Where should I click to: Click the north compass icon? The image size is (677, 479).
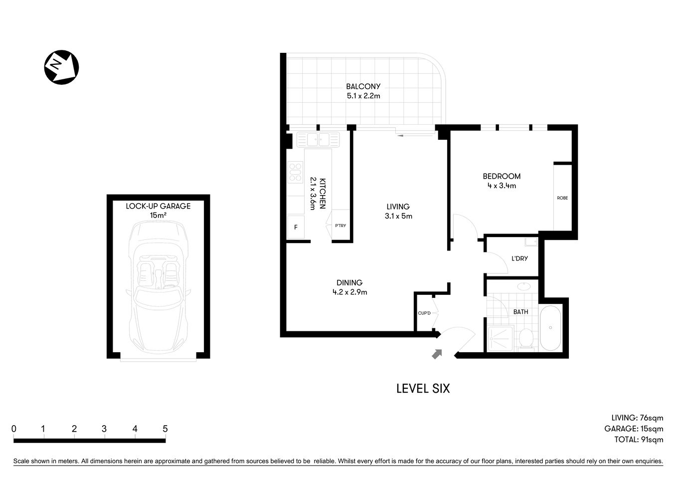62,67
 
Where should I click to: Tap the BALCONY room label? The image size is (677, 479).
363,86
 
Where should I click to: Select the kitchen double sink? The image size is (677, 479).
317,139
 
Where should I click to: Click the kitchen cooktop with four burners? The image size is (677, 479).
295,172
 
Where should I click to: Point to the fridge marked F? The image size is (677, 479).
296,227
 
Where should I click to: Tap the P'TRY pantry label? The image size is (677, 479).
340,226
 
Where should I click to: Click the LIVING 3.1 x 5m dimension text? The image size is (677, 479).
398,216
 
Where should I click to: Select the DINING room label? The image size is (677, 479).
349,282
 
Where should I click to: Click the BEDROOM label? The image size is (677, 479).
502,176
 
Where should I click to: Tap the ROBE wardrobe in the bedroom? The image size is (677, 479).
562,198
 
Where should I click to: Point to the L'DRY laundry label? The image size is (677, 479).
519,258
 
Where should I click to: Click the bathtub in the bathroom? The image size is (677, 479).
550,328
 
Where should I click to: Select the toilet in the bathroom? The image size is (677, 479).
525,339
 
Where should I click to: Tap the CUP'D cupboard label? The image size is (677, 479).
424,313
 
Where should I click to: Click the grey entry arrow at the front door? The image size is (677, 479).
437,353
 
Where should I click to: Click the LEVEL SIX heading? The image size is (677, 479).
423,388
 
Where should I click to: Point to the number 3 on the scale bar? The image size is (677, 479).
104,429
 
